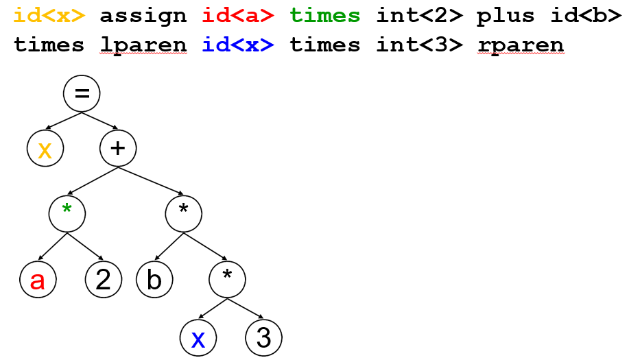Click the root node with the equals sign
pos(82,94)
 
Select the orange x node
pos(45,148)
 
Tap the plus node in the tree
pos(118,148)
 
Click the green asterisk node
pos(67,213)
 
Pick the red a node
pos(37,280)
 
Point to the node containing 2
pos(104,280)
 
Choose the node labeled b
pos(154,280)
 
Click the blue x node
pos(198,339)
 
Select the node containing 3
pos(264,339)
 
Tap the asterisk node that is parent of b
pos(184,213)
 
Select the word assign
pos(143,15)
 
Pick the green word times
pos(325,15)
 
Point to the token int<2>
pos(418,15)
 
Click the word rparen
pos(521,45)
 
